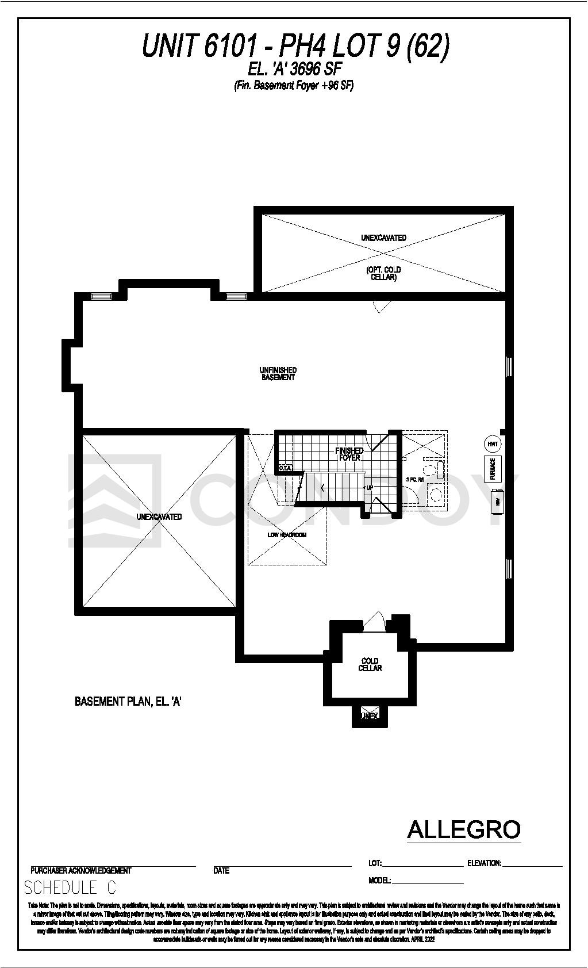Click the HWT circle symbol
(492, 444)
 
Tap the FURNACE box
(493, 469)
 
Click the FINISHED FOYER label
(349, 454)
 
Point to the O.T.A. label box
(286, 468)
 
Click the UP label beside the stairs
(370, 488)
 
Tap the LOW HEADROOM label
(287, 535)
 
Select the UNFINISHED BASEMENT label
(278, 374)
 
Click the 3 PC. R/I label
(414, 479)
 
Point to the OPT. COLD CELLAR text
(383, 273)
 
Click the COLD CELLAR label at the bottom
(370, 664)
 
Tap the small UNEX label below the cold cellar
(369, 716)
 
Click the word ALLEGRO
(463, 829)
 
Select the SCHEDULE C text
(70, 888)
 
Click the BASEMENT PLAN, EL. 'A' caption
(128, 702)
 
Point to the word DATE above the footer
(221, 871)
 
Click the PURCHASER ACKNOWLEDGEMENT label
(81, 871)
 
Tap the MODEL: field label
(379, 881)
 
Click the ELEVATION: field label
(484, 863)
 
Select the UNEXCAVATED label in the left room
(159, 517)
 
